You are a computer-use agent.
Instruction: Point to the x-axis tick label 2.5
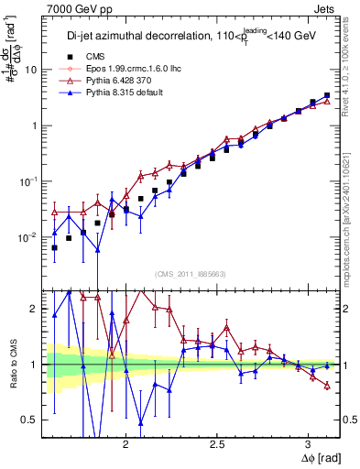point(218,442)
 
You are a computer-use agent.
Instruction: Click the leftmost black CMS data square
point(54,247)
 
